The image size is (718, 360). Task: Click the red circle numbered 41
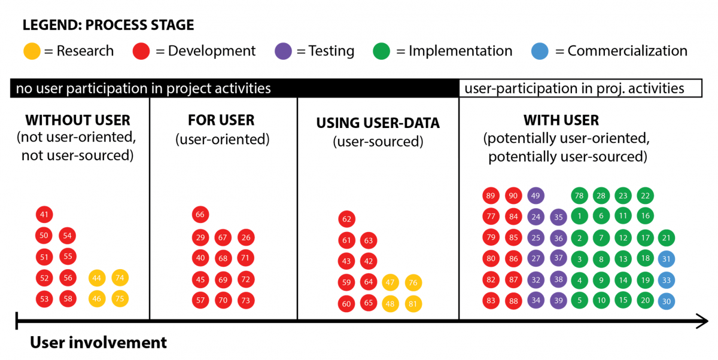[44, 214]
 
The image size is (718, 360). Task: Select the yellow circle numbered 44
[97, 278]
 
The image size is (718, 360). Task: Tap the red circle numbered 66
[200, 214]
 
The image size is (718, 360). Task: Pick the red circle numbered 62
[346, 219]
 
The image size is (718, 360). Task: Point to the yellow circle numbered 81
[413, 304]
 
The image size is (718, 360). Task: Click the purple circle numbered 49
[536, 196]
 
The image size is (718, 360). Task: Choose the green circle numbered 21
[667, 237]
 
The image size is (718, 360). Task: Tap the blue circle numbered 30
[667, 301]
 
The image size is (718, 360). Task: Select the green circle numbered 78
[579, 196]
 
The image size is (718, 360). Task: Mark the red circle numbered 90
[513, 196]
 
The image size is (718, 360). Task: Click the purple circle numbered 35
[558, 217]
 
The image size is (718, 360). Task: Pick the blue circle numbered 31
[667, 259]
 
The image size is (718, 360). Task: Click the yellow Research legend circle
[32, 51]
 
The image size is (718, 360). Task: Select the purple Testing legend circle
[283, 51]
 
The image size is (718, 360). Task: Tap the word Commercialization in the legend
[627, 51]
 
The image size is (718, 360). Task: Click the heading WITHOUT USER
[78, 120]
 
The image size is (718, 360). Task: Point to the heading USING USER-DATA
[378, 123]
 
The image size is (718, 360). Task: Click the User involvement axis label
[98, 343]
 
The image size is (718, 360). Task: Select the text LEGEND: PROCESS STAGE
[108, 25]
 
